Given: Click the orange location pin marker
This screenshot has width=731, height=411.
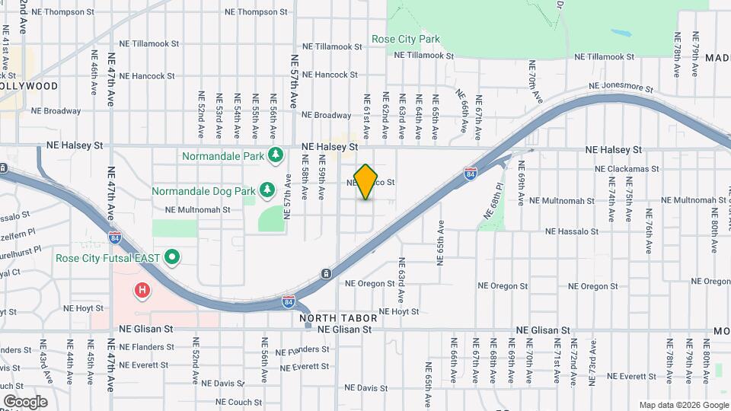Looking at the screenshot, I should tap(366, 181).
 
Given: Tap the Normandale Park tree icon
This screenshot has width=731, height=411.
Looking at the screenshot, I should tap(276, 156).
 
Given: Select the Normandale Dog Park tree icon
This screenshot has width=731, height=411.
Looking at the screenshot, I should tap(267, 190).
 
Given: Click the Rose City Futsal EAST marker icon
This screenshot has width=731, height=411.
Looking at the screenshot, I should tap(172, 257).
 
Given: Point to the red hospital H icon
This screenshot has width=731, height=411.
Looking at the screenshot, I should tap(142, 290).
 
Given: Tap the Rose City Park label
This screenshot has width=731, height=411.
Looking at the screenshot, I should tap(406, 39).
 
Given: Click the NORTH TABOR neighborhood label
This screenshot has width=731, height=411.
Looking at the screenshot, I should tap(329, 318).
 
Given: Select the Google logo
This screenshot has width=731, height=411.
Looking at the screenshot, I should tap(25, 401).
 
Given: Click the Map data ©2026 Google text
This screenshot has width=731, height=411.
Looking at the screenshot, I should tap(682, 405).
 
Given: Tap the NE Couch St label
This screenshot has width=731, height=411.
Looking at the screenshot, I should tap(238, 402).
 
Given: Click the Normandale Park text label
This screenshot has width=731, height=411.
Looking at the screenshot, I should tap(222, 157).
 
